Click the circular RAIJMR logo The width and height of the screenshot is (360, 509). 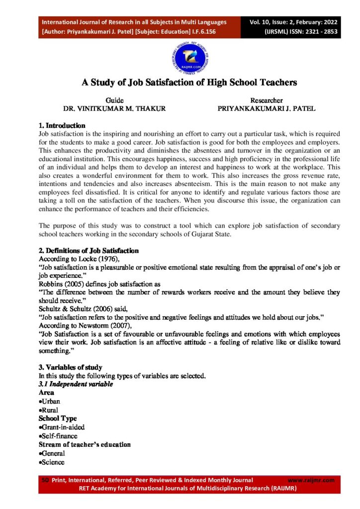(x=180, y=59)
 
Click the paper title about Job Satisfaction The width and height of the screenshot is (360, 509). (x=189, y=83)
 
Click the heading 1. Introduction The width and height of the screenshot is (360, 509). (x=62, y=126)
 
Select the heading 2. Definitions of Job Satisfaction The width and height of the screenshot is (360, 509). (x=89, y=251)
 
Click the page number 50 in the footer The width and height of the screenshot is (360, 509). (x=43, y=480)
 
